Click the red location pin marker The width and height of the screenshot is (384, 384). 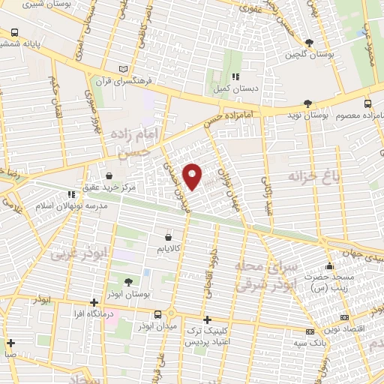pos(193,175)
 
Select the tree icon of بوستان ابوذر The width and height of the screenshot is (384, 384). pos(127,282)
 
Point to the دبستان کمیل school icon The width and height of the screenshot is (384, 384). pos(235,76)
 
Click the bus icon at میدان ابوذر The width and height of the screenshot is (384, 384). pos(157,315)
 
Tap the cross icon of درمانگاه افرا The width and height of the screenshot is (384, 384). pos(93,302)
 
